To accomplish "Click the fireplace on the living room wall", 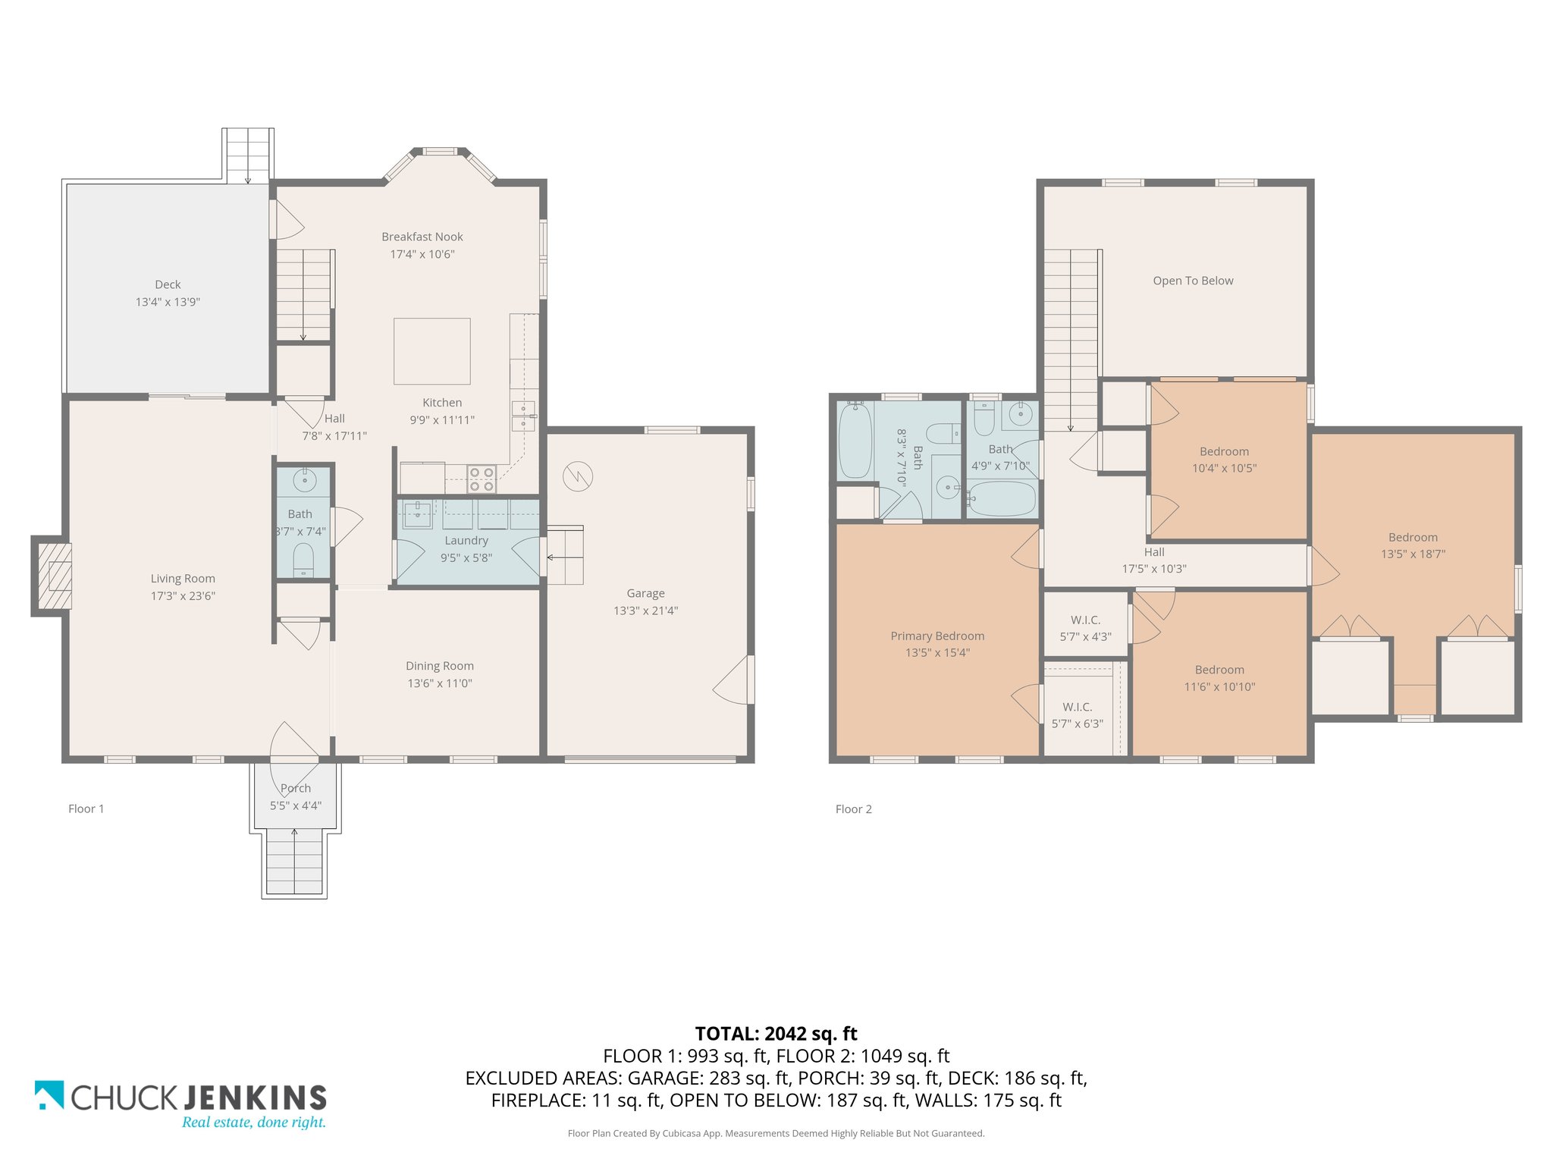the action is pos(52,576).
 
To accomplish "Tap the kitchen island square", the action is pos(431,351).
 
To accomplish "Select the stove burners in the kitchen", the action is pos(482,479).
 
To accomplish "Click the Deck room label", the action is pos(168,284).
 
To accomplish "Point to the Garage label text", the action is pos(645,593).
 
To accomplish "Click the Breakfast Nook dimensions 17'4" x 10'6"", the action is pos(422,254).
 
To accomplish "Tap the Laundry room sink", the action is pos(417,515).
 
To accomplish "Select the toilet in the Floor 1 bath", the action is pos(303,558).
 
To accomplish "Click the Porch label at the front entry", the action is pos(296,788).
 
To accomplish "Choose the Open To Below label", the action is pos(1193,281).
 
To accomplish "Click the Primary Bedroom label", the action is pos(937,636).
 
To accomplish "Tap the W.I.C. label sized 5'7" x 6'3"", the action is pos(1077,724).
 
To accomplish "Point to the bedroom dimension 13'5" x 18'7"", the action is pos(1413,554).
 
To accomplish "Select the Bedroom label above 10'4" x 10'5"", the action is pos(1224,451).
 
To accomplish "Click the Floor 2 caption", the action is pos(853,809).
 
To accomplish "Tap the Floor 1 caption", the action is pos(86,809).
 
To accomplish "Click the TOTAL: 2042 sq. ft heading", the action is pos(776,1034).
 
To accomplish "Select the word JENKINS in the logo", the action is pos(255,1097).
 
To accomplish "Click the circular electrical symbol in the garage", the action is pos(578,476).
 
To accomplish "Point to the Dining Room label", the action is pos(440,666).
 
